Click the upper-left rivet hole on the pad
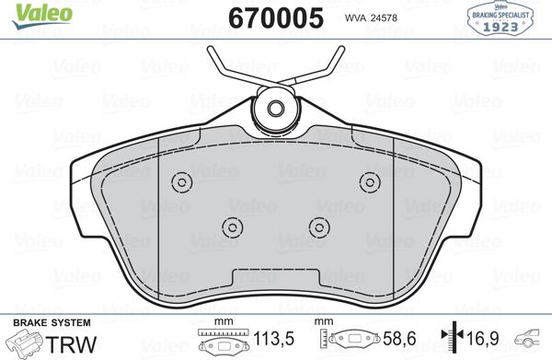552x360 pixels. (x=181, y=180)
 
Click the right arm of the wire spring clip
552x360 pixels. (x=328, y=66)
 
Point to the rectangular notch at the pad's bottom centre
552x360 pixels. (x=276, y=275)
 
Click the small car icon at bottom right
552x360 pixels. (x=534, y=340)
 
